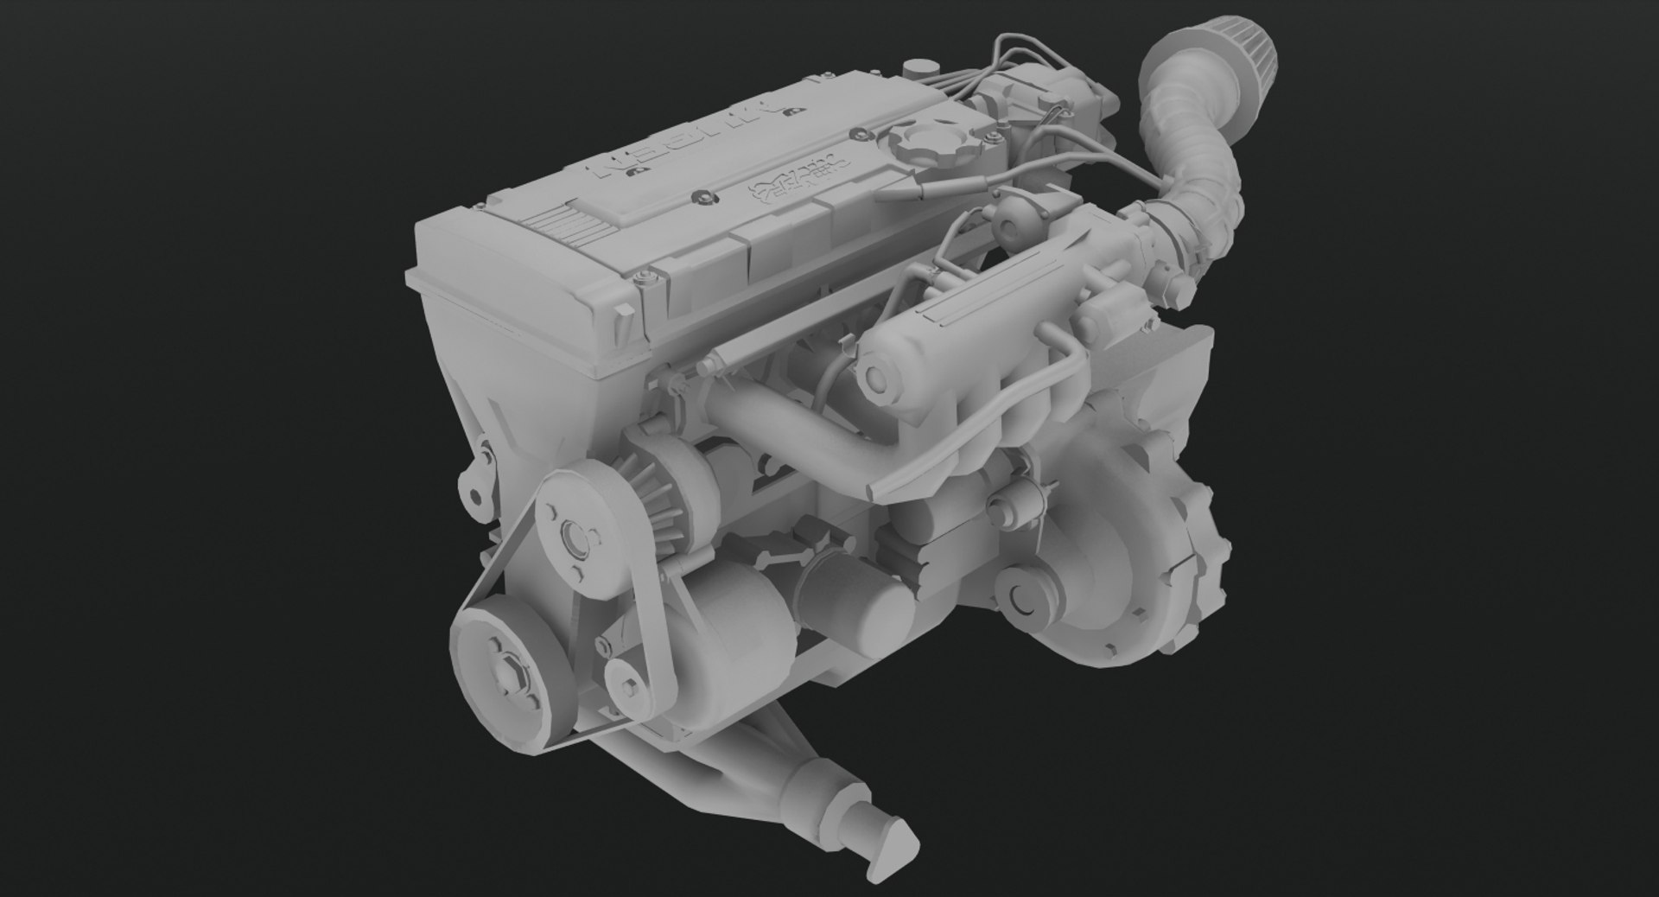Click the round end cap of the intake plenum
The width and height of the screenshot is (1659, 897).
880,379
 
